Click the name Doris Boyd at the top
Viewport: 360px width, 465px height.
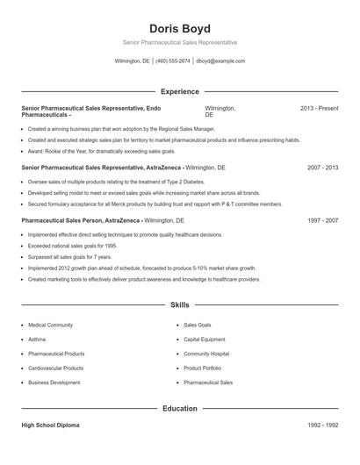pos(180,28)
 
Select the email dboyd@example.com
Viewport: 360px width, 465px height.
pos(220,61)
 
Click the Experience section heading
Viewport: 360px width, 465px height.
pos(180,91)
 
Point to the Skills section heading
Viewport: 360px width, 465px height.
pos(180,305)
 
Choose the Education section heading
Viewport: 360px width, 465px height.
pos(180,408)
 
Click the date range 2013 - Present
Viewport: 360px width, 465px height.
pos(319,108)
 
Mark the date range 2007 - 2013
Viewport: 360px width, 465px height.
pos(321,167)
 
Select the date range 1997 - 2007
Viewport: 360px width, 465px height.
pos(321,220)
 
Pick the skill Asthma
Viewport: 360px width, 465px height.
pos(37,339)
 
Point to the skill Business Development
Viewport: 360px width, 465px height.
pos(54,383)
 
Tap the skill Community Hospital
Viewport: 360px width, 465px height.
pos(206,354)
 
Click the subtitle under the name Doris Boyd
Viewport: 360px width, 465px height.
pos(180,42)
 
